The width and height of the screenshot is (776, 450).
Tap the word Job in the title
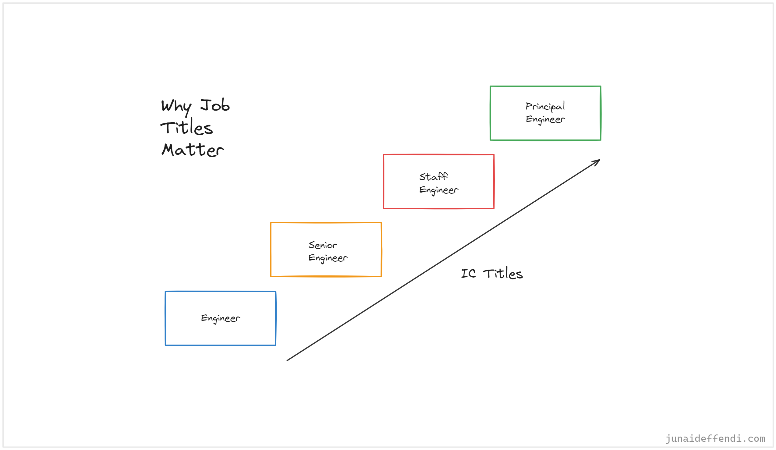tap(215, 105)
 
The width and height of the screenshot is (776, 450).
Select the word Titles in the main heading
tap(186, 127)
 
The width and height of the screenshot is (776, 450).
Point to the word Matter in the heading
tap(193, 150)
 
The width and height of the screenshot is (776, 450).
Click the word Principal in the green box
tap(545, 107)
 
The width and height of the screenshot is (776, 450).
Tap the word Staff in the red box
tap(433, 177)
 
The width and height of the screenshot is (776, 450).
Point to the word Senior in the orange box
tap(323, 245)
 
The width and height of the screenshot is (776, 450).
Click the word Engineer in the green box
tap(545, 119)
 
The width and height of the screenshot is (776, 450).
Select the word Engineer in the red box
tap(438, 190)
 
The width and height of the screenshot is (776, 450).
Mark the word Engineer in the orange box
tap(328, 258)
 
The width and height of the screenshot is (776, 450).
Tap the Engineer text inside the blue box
tap(221, 318)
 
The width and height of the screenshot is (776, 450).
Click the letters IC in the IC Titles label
tap(468, 274)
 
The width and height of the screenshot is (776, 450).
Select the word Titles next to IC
tap(502, 274)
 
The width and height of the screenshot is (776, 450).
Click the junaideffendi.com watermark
tap(715, 438)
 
